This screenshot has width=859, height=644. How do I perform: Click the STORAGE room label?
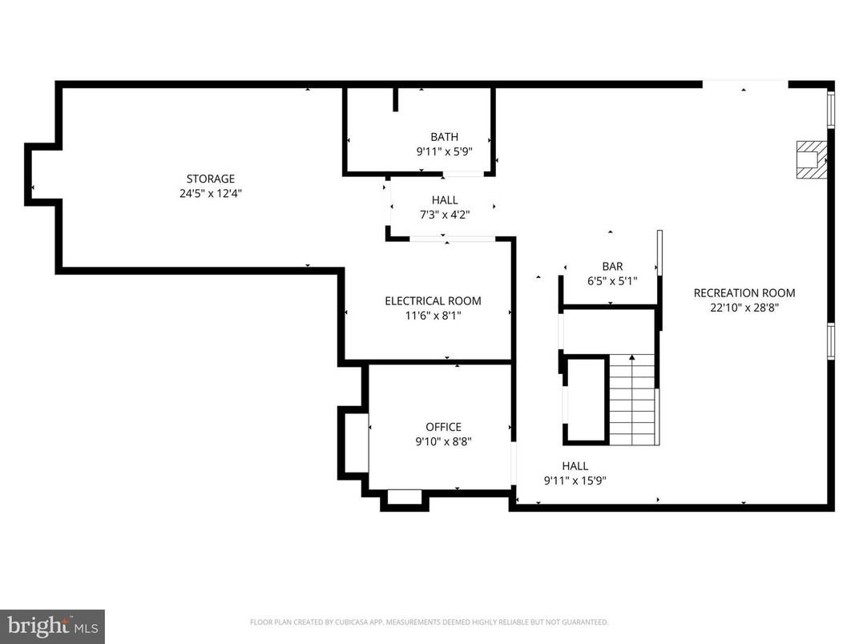point(211,179)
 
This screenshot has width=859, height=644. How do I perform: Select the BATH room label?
point(444,137)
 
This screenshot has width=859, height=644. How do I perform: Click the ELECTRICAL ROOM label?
point(433,301)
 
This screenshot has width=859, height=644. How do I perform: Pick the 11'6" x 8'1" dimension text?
point(433,316)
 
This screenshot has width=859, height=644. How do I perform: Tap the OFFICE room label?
point(443,427)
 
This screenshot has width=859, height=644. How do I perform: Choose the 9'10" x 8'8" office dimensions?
point(443,441)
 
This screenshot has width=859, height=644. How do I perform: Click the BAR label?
point(612,267)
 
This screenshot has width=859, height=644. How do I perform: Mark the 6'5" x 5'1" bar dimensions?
point(612,280)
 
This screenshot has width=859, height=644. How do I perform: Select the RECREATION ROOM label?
point(744,293)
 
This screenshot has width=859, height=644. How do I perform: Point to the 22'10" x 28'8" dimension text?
point(744,307)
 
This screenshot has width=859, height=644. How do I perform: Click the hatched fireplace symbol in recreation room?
point(810,159)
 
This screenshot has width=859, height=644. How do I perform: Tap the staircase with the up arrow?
point(633,400)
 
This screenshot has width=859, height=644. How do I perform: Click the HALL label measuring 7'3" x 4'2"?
point(445,200)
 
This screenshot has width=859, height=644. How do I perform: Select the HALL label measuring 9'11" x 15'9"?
point(575,466)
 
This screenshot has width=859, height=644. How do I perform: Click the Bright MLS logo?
point(52,625)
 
